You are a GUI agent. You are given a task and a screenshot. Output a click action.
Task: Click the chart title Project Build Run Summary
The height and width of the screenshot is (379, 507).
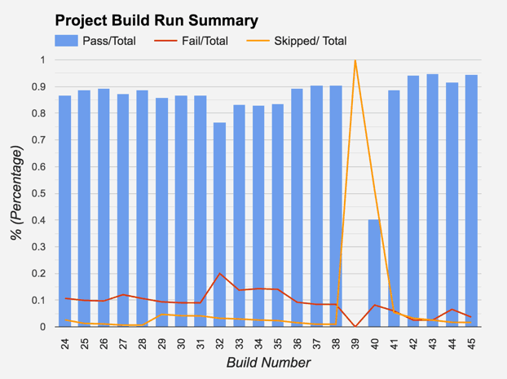coord(156,20)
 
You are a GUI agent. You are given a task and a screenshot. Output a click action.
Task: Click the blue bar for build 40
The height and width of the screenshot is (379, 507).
coord(374,273)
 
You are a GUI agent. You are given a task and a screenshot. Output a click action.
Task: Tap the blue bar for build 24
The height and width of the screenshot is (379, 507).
coord(64,211)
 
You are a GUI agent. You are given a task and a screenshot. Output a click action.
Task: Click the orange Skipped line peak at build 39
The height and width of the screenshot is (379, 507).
coord(355,60)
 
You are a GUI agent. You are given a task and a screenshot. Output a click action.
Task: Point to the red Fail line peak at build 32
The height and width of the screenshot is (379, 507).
coord(219,273)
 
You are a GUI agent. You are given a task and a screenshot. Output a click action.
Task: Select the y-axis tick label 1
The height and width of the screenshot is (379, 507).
coord(43,60)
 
